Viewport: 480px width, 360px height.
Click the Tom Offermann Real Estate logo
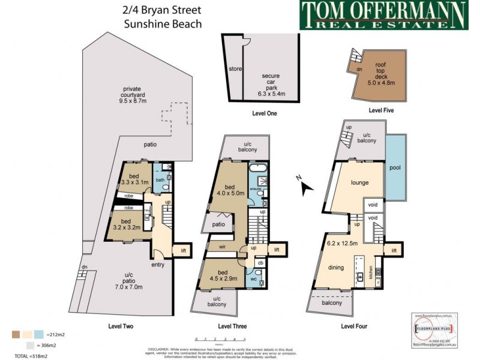pos(383,16)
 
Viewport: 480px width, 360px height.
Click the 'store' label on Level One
pos(235,69)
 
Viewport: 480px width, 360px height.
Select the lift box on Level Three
pos(277,250)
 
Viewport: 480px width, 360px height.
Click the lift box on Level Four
pos(394,250)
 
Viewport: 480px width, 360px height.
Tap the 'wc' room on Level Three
pos(253,279)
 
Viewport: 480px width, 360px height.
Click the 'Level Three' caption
pos(232,326)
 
